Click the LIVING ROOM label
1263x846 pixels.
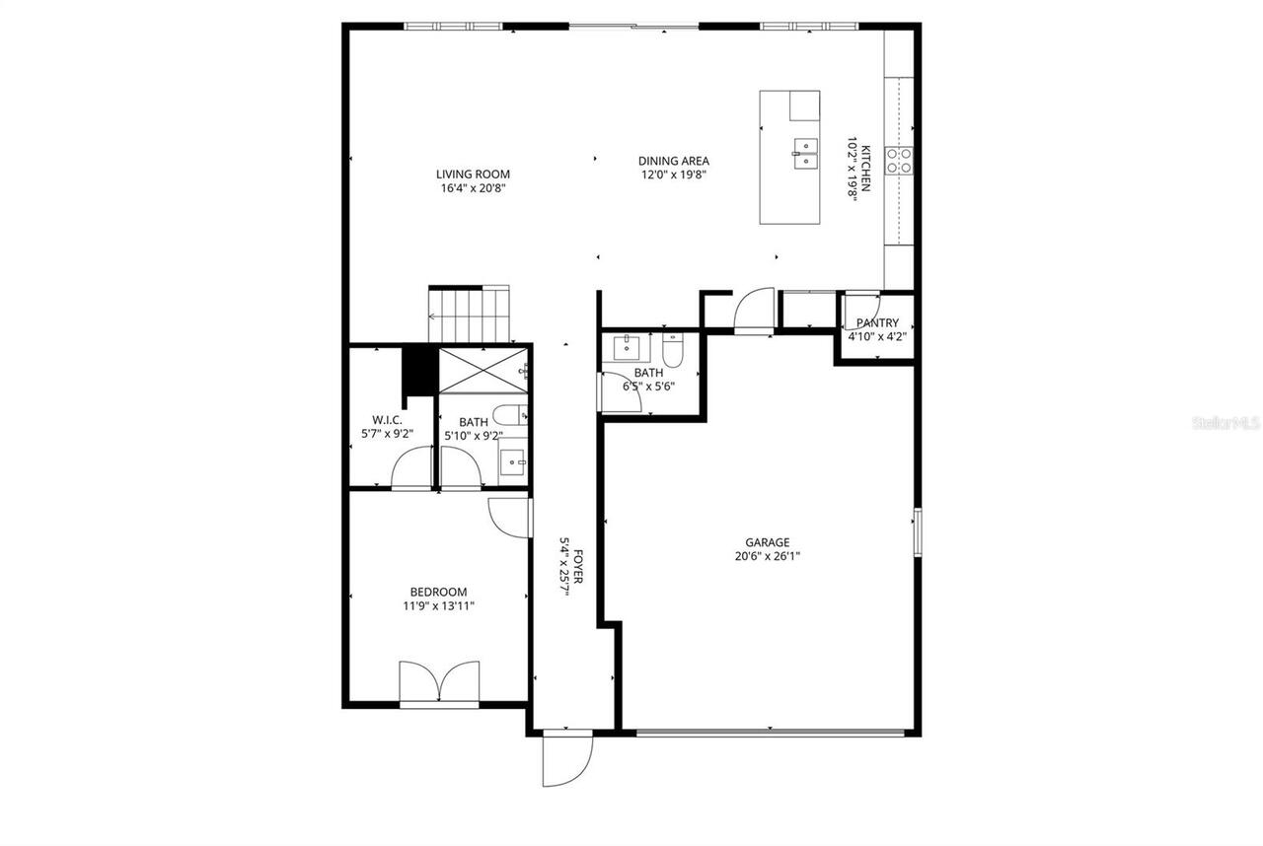tap(473, 175)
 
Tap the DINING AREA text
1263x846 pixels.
tap(673, 161)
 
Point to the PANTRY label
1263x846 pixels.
tap(876, 322)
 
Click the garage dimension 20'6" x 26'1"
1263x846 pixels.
tap(767, 555)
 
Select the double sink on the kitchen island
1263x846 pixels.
tap(804, 153)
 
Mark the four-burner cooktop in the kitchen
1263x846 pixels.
tap(898, 160)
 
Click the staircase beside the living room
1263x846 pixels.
tap(470, 314)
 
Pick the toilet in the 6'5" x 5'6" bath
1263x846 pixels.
tap(673, 349)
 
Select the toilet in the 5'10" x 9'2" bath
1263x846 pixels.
tap(509, 417)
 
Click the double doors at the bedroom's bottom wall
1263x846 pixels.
tap(439, 682)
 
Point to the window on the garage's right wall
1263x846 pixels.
tap(917, 532)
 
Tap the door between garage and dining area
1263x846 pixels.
tap(756, 311)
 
